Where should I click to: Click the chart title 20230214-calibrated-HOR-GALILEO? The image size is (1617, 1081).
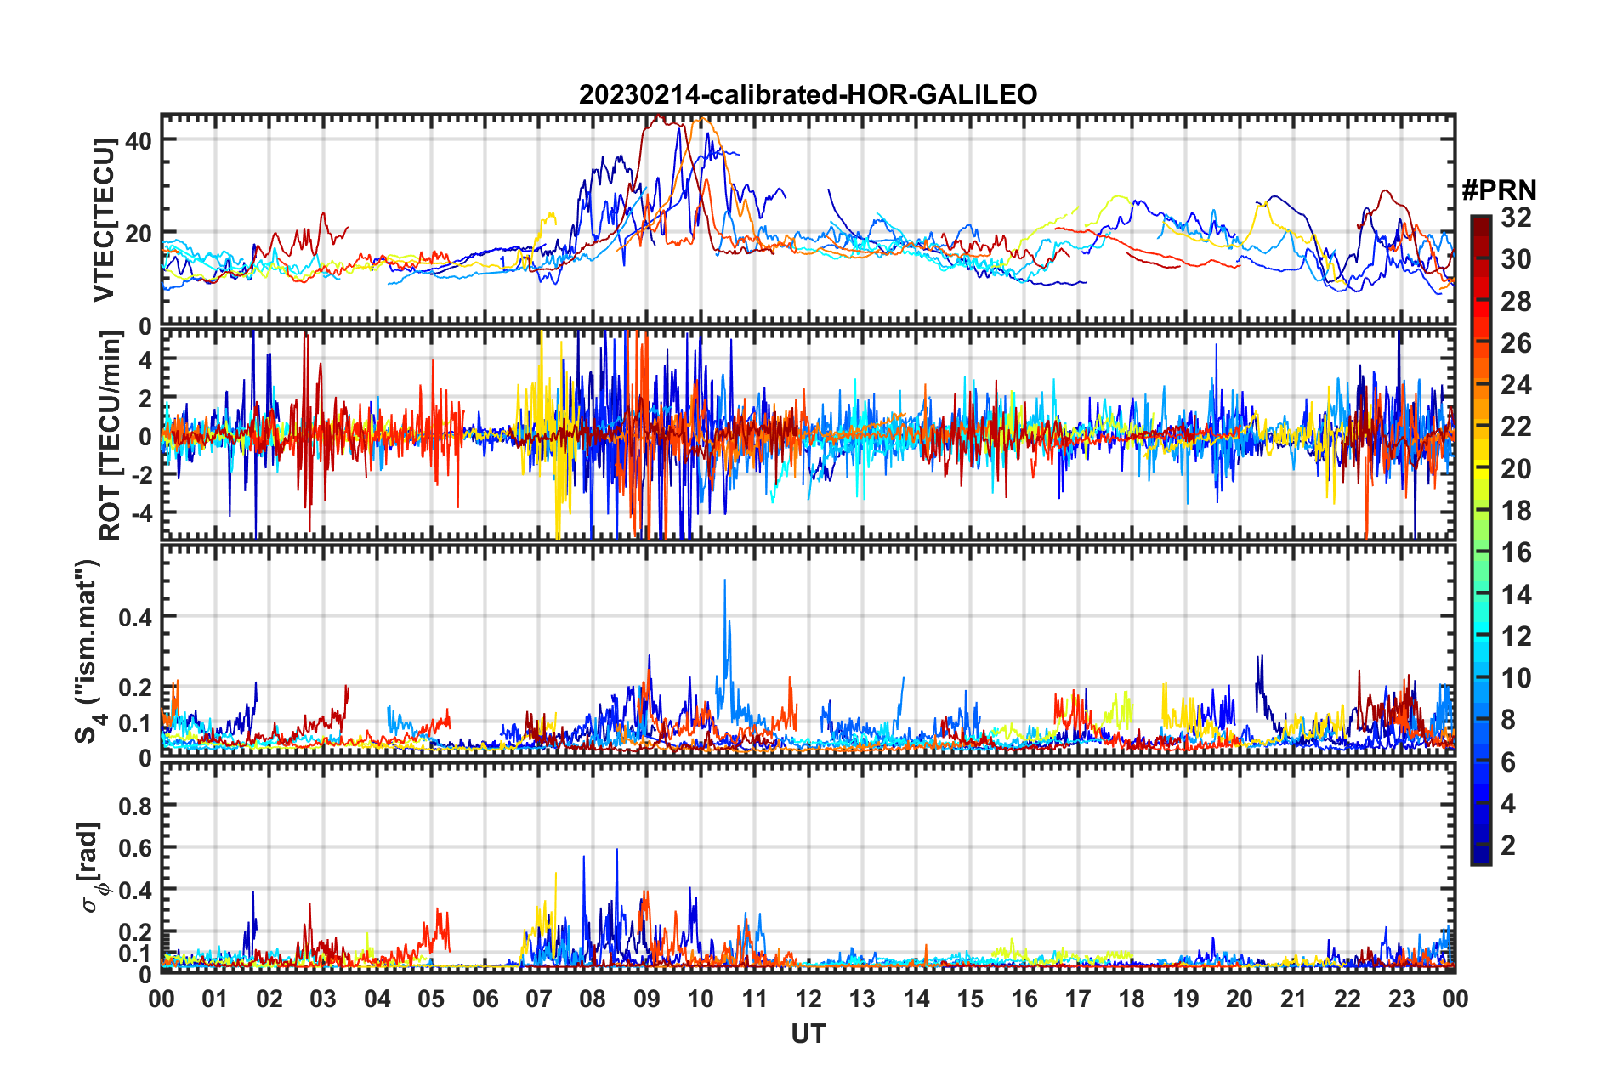tap(808, 94)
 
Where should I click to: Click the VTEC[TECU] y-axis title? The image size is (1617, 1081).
tap(104, 220)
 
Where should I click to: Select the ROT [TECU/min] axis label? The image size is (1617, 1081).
tap(111, 435)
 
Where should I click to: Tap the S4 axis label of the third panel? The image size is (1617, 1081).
tap(88, 651)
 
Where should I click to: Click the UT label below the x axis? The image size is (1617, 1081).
tap(808, 1033)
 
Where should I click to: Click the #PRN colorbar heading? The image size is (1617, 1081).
tap(1499, 190)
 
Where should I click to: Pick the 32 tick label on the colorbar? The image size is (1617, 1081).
tap(1516, 218)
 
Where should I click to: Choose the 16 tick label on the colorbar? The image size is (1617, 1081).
tap(1516, 552)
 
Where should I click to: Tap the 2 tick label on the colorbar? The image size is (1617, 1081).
tap(1508, 845)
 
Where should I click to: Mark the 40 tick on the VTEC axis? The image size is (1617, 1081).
tap(139, 140)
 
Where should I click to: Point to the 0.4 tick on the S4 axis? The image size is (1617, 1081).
tap(135, 617)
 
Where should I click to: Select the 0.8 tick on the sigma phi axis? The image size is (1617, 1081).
tap(135, 806)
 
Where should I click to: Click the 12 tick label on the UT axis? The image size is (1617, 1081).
tap(808, 999)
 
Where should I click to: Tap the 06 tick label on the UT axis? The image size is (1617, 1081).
tap(485, 999)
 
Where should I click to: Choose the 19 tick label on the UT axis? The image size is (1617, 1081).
tap(1185, 999)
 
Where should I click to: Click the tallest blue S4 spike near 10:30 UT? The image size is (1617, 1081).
tap(724, 580)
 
